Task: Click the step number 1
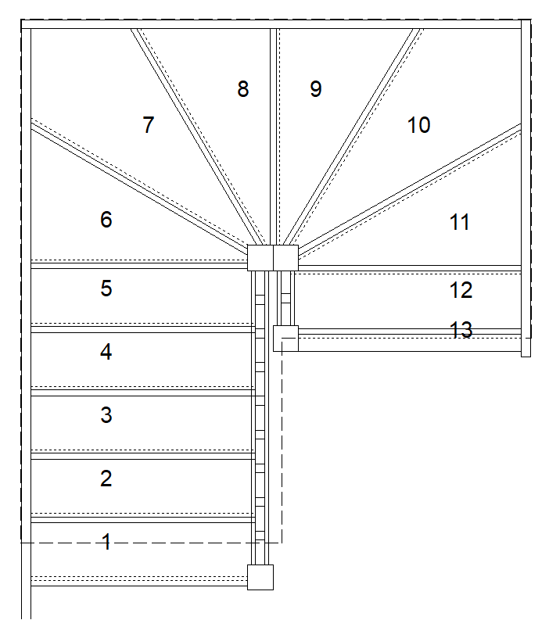[107, 541]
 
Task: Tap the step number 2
[106, 478]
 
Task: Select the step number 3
[106, 415]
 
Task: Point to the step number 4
[106, 352]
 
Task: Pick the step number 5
[106, 288]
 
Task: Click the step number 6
[106, 220]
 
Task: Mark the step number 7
[149, 125]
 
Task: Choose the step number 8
[243, 89]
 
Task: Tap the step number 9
[315, 89]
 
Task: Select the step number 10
[418, 125]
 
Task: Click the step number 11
[460, 222]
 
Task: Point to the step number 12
[461, 290]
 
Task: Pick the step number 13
[461, 330]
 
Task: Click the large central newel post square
[273, 258]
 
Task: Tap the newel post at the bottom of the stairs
[260, 577]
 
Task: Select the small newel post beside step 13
[286, 339]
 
